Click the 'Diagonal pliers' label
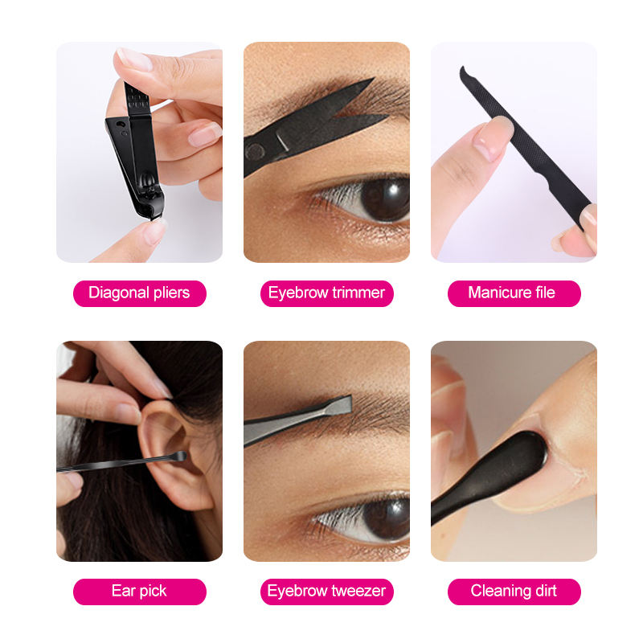point(139,293)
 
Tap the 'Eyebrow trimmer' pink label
point(327,293)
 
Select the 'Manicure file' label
point(514,293)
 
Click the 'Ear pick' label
point(139,592)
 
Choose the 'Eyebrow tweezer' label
point(327,592)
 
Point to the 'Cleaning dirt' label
point(514,592)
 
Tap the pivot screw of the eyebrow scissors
point(255,151)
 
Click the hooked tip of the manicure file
point(465,73)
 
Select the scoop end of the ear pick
point(179,456)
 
